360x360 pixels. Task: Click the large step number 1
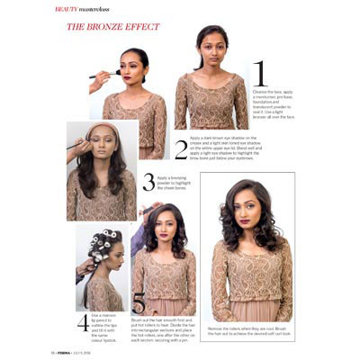(x=259, y=75)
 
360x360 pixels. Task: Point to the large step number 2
(x=181, y=149)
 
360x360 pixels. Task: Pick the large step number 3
(x=148, y=182)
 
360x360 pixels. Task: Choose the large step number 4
(x=83, y=322)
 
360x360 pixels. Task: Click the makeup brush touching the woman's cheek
(x=102, y=75)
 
